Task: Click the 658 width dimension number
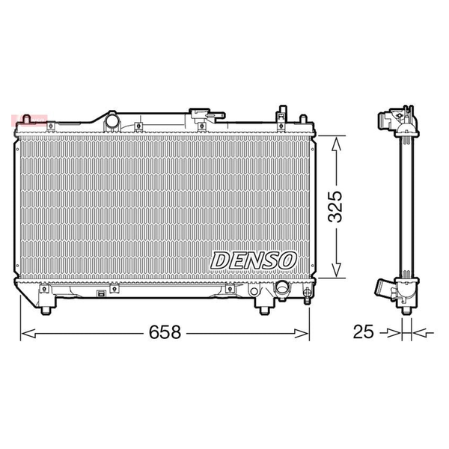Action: coord(165,332)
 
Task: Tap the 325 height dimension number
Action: coord(335,207)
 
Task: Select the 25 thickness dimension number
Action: coord(364,332)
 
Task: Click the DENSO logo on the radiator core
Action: coord(254,260)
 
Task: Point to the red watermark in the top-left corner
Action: coord(29,120)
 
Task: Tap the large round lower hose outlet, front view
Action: coord(281,287)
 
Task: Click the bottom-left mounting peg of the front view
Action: coord(46,310)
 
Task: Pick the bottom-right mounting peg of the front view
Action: coord(264,310)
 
